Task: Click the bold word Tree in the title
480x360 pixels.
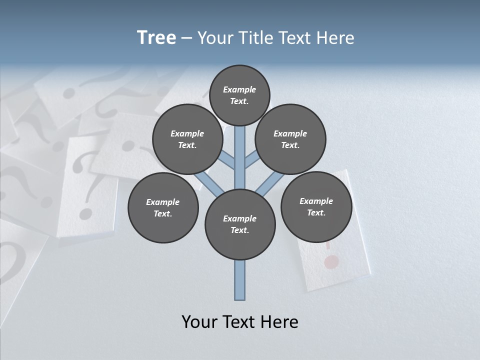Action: pos(156,37)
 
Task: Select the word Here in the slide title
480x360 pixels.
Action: pos(337,37)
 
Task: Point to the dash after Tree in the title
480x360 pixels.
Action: pos(186,38)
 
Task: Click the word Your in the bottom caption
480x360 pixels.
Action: pos(199,322)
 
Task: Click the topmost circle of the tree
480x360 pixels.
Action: pos(239,95)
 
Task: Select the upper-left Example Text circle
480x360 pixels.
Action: pos(187,139)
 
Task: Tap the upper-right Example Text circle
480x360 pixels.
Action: pos(290,139)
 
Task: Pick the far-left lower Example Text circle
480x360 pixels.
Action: pos(163,207)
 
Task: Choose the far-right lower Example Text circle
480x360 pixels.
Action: pos(316,206)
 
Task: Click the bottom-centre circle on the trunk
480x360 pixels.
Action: pos(240,224)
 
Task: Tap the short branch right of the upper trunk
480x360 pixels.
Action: pos(251,160)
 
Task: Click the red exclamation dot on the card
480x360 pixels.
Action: pos(330,261)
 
